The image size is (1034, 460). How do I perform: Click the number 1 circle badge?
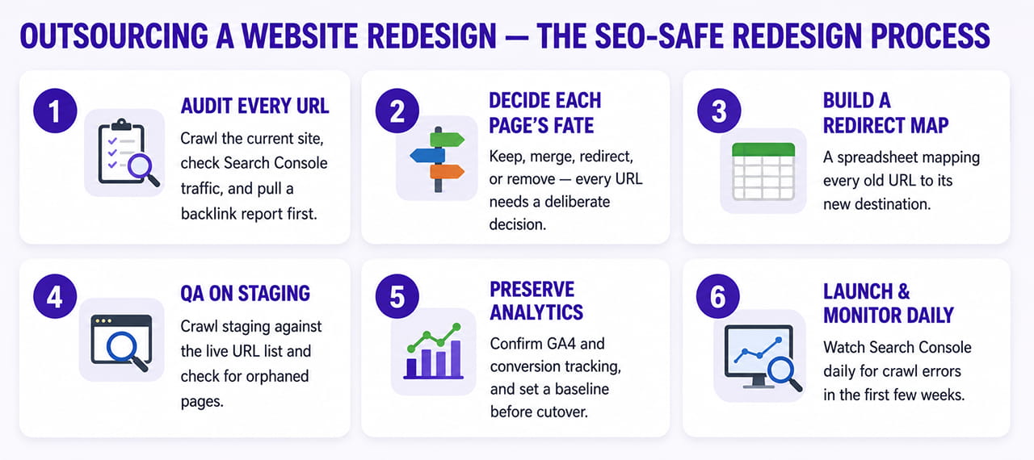coord(55,111)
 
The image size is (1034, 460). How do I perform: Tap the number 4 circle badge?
coord(55,296)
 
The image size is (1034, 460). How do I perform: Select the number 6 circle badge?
coord(718,296)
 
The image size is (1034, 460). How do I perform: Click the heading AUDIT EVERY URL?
coord(254,106)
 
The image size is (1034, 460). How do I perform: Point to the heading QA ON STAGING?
coord(245,294)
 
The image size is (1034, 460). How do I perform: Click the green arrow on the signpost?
coord(447,139)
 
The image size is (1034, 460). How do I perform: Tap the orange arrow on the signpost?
coord(447,171)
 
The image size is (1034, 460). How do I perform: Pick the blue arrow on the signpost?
coord(427,155)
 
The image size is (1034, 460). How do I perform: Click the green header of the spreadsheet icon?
coord(763,149)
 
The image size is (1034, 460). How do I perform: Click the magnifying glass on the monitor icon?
coord(784,374)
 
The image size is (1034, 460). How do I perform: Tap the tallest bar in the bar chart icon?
coord(456,359)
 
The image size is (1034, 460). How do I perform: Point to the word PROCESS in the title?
coord(930,36)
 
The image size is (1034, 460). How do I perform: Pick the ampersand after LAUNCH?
coord(903,292)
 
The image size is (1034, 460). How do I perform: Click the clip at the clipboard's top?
coord(121,124)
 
